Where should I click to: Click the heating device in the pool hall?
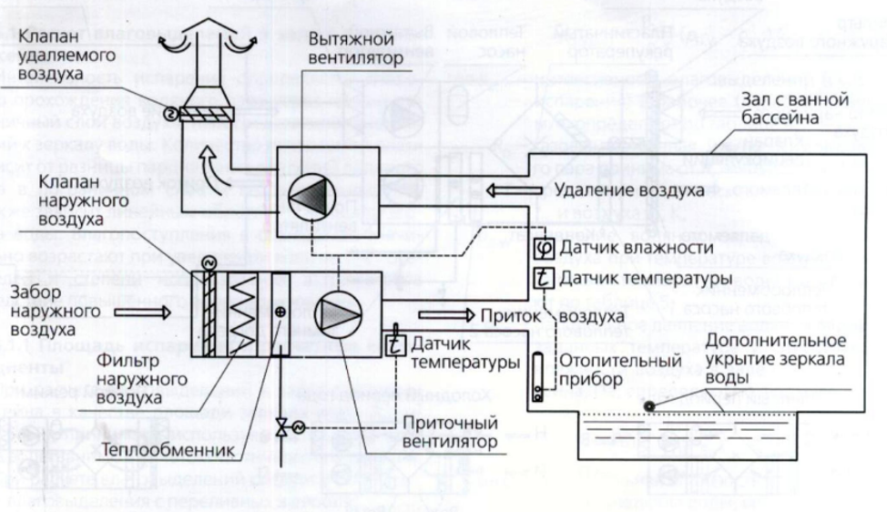tap(538, 374)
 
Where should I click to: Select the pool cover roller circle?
tap(647, 406)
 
